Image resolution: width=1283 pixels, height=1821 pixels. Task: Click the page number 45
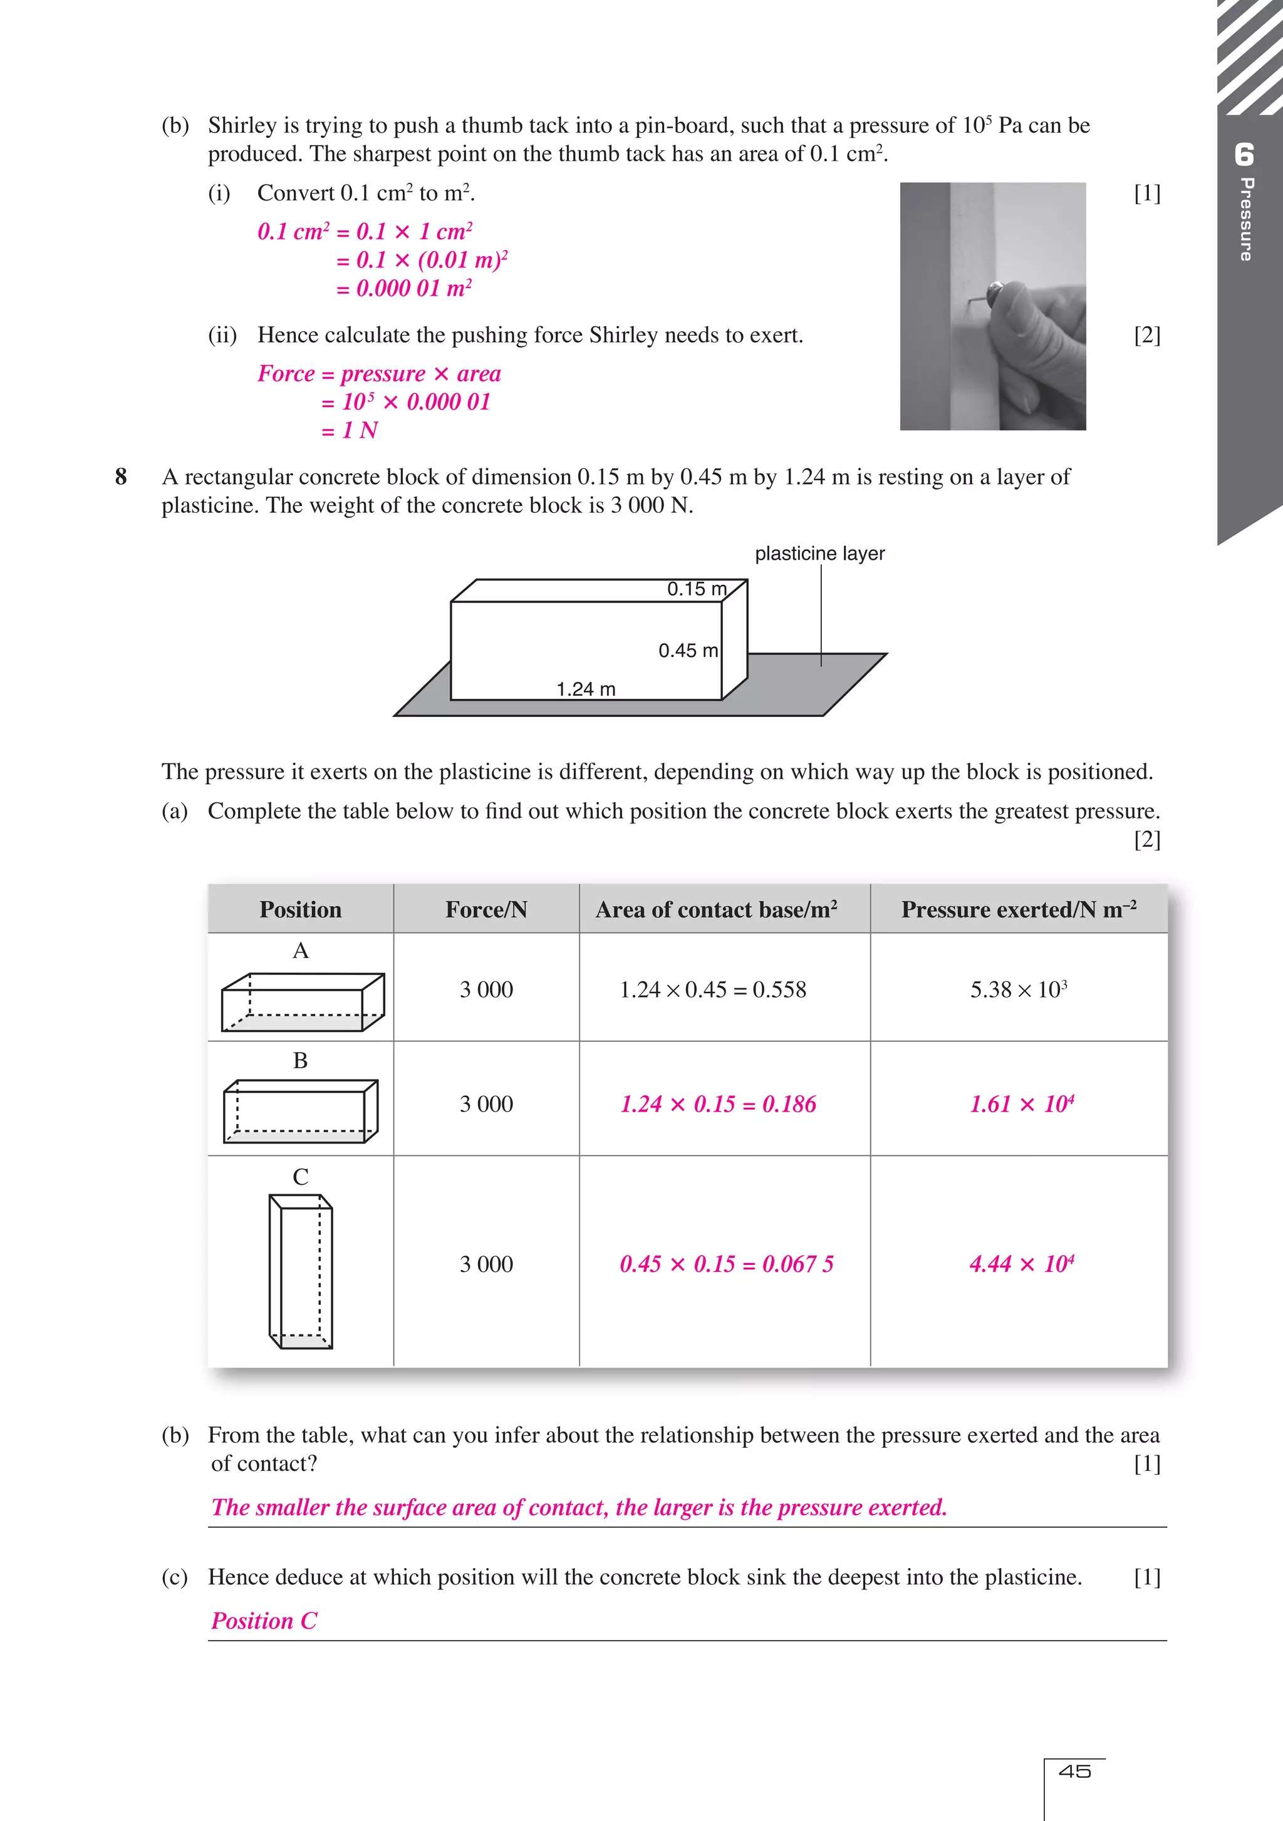click(1074, 1771)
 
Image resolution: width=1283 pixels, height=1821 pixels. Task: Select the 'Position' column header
click(300, 910)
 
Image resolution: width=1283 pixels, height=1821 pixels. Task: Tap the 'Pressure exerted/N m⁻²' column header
click(1018, 910)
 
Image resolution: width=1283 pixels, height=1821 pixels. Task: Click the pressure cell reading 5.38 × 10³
click(1018, 990)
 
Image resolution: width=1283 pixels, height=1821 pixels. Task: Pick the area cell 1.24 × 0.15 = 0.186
click(717, 1104)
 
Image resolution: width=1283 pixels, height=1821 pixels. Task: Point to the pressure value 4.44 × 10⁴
click(1021, 1264)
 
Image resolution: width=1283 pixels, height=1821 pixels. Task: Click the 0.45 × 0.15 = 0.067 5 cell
click(726, 1264)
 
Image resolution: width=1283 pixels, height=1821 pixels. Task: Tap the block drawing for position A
click(303, 1002)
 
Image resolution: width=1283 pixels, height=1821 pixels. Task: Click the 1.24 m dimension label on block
click(586, 689)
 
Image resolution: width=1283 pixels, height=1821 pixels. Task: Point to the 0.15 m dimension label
click(697, 589)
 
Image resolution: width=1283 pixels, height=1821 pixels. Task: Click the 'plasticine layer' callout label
click(819, 554)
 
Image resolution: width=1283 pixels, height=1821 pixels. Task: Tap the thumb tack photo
click(992, 306)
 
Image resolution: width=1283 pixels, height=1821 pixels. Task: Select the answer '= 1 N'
click(350, 431)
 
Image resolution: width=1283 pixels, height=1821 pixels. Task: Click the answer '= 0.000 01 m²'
click(404, 289)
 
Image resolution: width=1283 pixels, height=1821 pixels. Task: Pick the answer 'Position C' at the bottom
click(264, 1621)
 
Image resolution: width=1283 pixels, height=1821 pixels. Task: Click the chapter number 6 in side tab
click(1244, 155)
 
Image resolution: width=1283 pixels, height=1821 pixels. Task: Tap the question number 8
click(121, 477)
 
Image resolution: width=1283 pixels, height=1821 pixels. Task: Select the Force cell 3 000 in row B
click(486, 1104)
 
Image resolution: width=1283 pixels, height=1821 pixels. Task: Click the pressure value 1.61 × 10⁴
click(1021, 1104)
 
